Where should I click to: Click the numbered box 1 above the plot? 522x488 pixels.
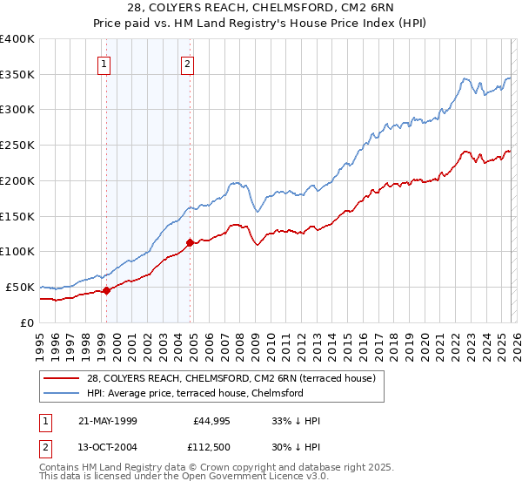pyautogui.click(x=104, y=63)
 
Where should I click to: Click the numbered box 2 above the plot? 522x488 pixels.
pyautogui.click(x=188, y=63)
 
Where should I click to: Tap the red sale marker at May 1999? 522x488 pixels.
pyautogui.click(x=106, y=290)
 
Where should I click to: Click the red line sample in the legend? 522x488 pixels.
pyautogui.click(x=63, y=378)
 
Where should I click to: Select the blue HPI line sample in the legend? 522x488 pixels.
pyautogui.click(x=63, y=393)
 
